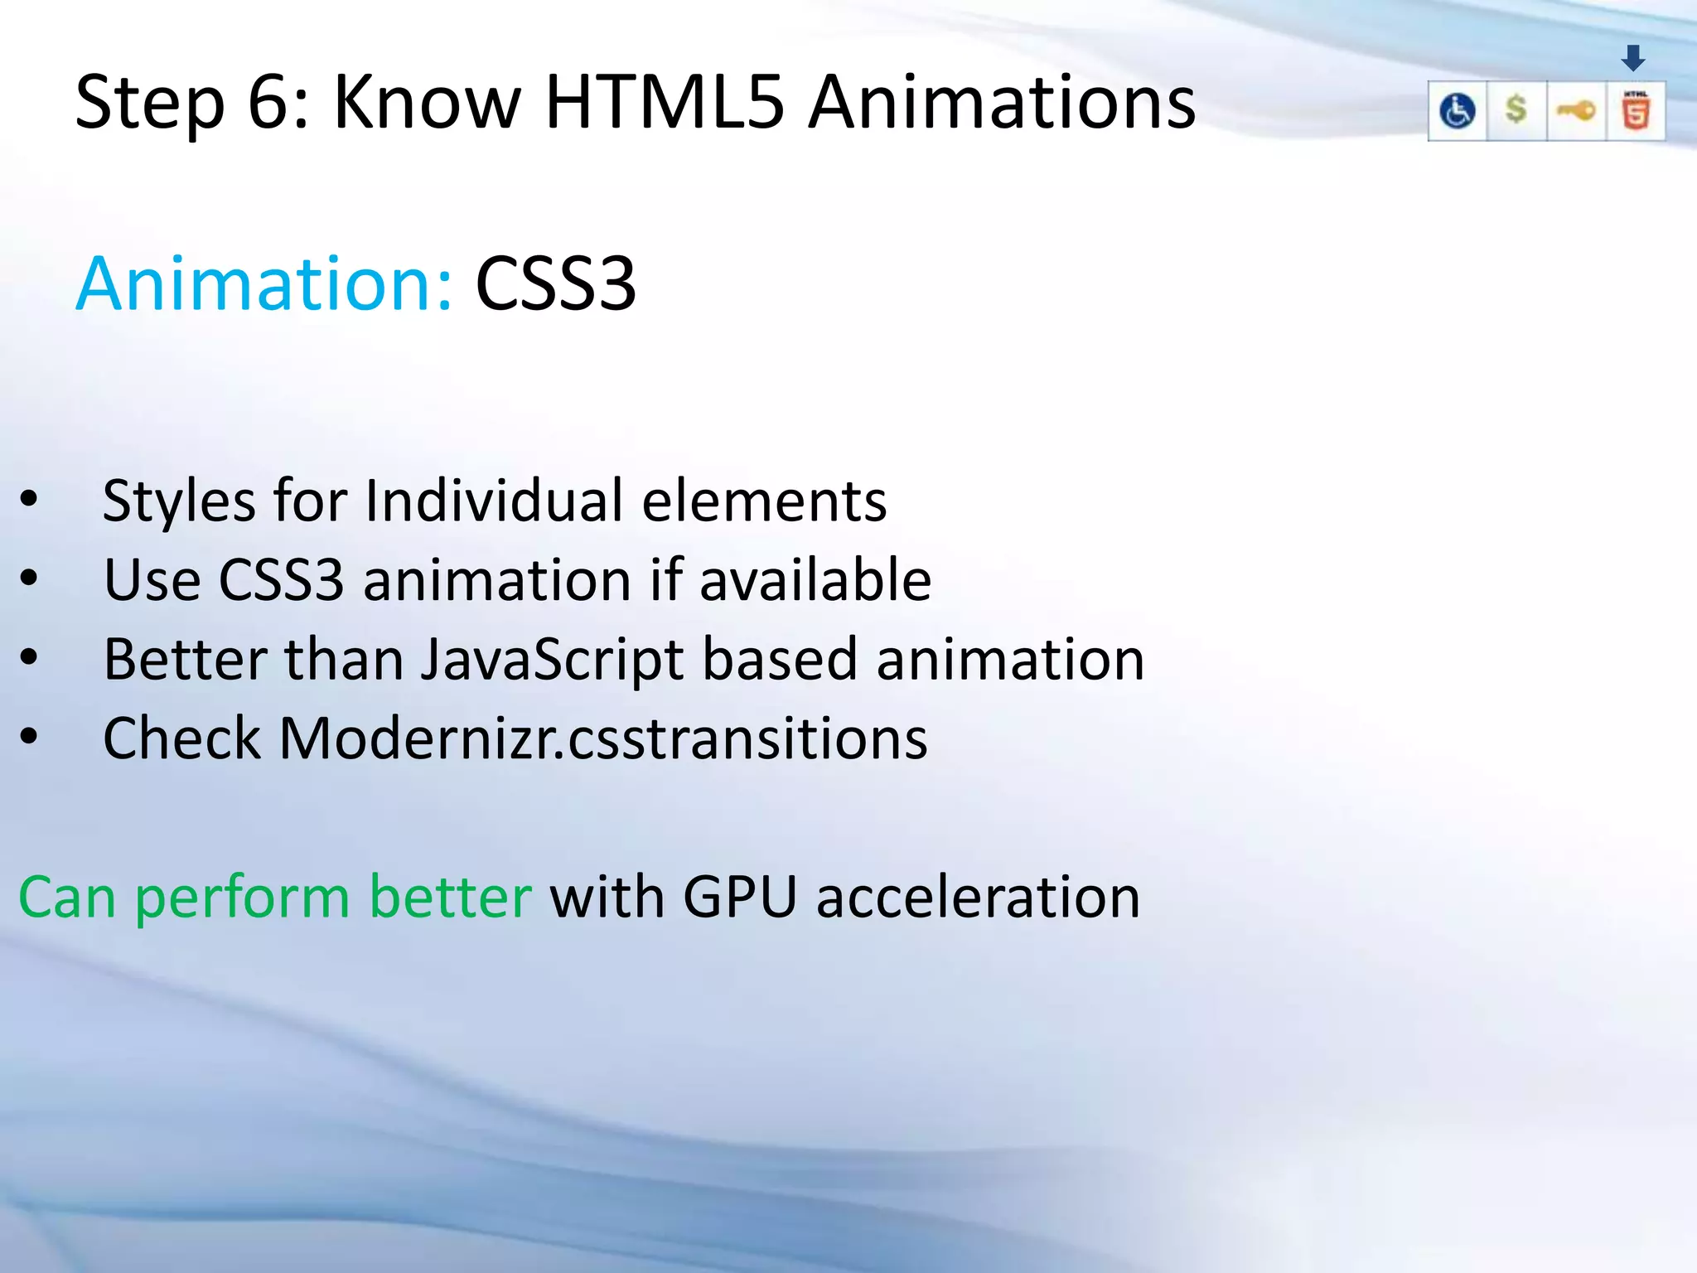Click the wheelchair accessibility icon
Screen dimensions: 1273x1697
click(1457, 111)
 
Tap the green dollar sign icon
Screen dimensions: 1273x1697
click(1516, 109)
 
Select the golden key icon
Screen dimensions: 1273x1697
click(1575, 110)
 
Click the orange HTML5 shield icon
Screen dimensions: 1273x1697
click(1635, 111)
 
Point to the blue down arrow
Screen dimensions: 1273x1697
click(1633, 58)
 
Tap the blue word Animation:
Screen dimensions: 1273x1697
click(264, 284)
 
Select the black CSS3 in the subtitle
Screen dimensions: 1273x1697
click(555, 284)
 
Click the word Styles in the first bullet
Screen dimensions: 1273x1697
click(179, 501)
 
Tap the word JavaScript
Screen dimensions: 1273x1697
click(553, 660)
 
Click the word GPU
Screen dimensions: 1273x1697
click(740, 897)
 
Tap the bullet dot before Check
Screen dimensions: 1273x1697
click(29, 736)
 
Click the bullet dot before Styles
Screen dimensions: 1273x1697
click(29, 499)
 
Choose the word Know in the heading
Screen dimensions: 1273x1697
click(427, 102)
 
